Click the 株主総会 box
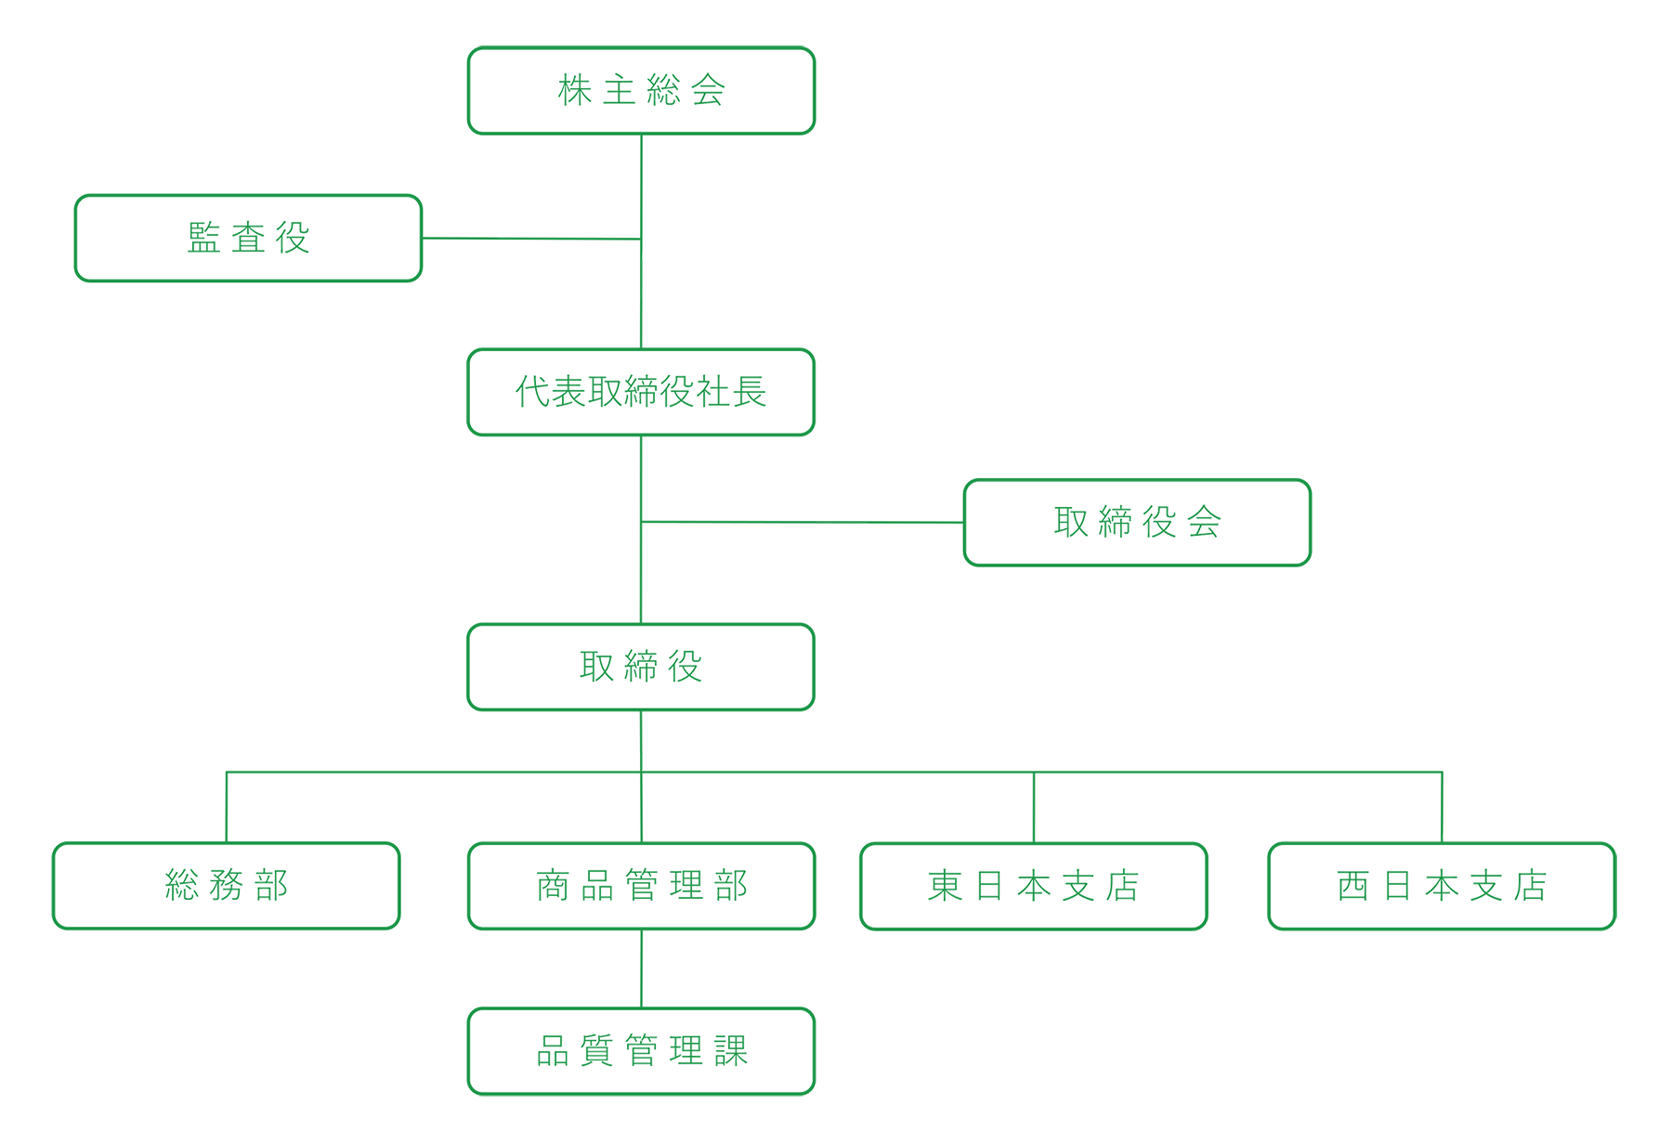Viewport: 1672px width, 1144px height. pos(641,91)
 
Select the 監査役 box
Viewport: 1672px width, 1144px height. pos(248,238)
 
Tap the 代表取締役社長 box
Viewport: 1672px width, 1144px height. pos(641,392)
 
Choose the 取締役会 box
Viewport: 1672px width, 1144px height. pos(1137,523)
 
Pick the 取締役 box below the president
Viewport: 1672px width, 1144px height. pos(641,667)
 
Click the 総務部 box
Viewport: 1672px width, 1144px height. pos(227,885)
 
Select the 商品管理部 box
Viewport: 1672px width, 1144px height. pos(641,885)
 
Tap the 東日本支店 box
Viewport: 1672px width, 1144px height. pos(1034,885)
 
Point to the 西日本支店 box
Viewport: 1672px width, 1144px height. pos(1442,885)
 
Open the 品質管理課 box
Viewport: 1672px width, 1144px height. pos(641,1051)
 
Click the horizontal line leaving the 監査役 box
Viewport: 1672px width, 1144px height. pos(529,239)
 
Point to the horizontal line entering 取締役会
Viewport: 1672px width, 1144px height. pos(803,523)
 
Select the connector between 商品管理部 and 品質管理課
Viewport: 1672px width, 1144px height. pos(641,968)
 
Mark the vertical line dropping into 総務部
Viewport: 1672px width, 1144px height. pos(227,808)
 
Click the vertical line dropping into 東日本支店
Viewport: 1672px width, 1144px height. pos(1034,808)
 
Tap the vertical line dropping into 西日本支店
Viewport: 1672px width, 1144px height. pos(1442,808)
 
